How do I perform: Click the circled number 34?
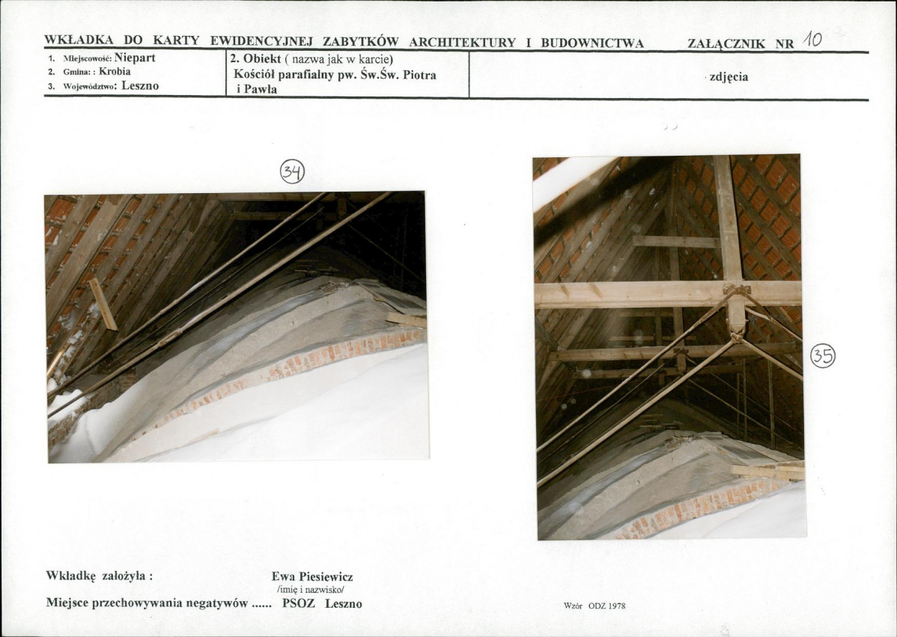pos(292,171)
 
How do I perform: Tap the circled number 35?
pos(823,356)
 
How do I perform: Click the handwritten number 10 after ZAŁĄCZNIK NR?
pos(812,40)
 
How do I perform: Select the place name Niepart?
pos(135,58)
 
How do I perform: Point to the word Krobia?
pos(115,71)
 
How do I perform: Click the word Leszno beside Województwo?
pos(140,86)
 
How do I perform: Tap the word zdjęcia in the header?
pos(729,77)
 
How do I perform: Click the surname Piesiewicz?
pos(326,576)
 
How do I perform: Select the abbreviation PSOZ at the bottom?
pos(299,603)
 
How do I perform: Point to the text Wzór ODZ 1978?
pos(595,606)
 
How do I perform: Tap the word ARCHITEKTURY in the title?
pos(462,43)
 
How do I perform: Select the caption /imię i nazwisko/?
pos(310,590)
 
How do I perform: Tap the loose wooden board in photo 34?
pos(103,304)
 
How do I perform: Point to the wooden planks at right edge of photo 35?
pos(767,470)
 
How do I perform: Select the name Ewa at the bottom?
pos(284,576)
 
